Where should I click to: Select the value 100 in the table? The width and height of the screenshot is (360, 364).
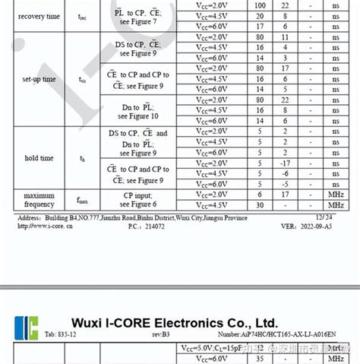pos(260,5)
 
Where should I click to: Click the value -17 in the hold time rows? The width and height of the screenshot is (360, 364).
pos(285,163)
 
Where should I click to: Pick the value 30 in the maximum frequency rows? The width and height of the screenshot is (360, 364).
pos(260,205)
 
